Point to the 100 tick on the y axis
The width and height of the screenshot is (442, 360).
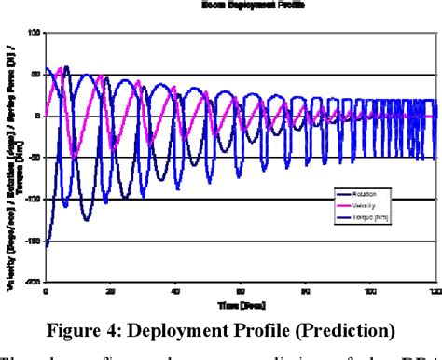click(35, 33)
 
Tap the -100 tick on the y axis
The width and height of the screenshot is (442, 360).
click(33, 198)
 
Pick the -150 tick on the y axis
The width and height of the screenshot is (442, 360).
click(33, 239)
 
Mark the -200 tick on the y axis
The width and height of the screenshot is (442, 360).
click(33, 280)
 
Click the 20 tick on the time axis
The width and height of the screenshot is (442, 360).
click(110, 290)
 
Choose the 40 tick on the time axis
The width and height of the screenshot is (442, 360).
click(175, 290)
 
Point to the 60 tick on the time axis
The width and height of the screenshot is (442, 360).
click(241, 290)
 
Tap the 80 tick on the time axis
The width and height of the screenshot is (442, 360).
click(307, 290)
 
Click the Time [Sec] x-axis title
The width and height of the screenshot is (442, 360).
click(240, 303)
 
